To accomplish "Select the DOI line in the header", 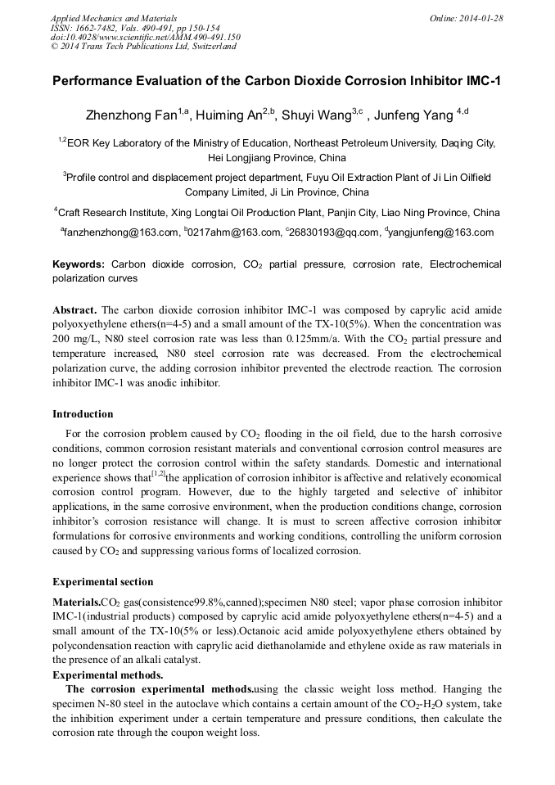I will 145,37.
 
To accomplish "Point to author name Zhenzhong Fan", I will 131,115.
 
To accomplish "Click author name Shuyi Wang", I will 317,115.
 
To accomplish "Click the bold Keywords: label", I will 79,264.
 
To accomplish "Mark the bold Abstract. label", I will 74,311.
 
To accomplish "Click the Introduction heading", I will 83,414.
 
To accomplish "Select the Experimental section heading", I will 102,582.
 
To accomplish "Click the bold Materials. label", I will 76,602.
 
